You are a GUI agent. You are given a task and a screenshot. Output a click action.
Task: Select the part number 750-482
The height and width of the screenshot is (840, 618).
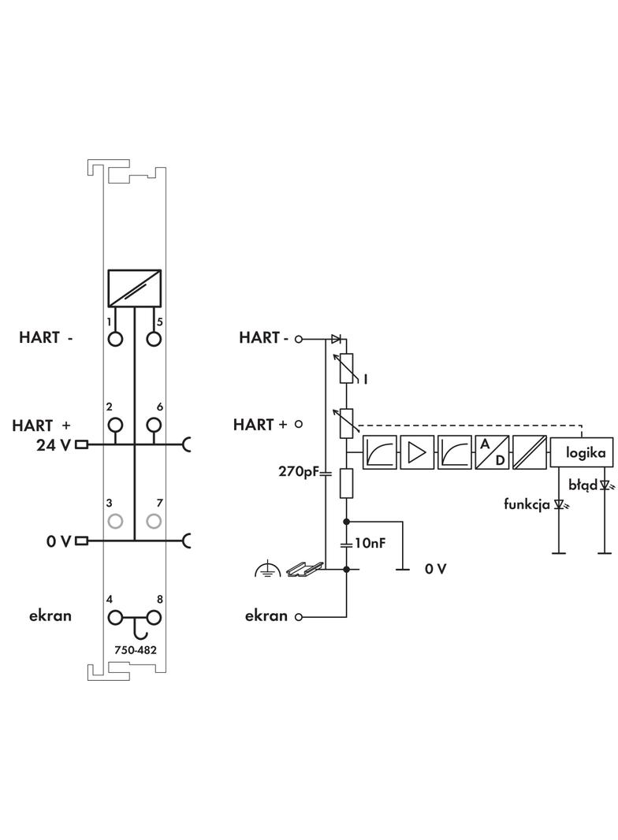[136, 650]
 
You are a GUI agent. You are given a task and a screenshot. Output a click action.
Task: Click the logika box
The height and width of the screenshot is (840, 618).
[582, 452]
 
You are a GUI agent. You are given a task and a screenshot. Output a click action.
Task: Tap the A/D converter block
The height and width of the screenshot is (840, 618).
[492, 452]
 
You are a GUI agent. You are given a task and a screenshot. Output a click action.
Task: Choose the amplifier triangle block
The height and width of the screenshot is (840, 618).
[417, 452]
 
